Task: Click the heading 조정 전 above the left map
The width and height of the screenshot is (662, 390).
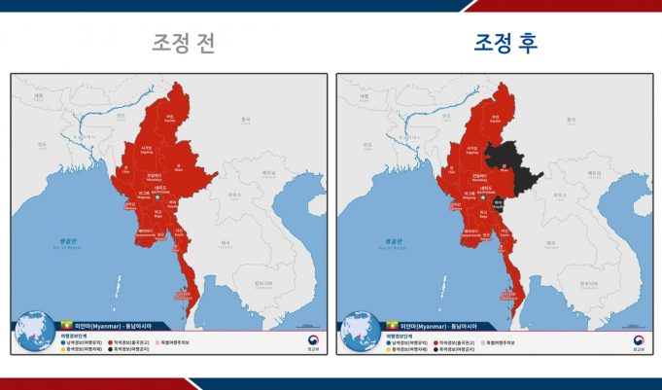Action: [x=183, y=44]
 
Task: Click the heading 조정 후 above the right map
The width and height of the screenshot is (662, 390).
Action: [x=505, y=44]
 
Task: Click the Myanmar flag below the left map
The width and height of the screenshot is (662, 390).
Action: [x=67, y=325]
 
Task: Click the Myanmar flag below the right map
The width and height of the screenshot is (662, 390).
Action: [x=393, y=325]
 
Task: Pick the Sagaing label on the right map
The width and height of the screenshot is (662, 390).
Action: [x=473, y=151]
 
